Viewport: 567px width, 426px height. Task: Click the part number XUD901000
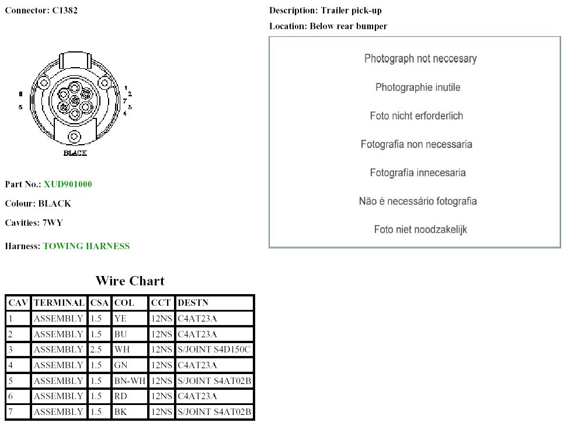coord(68,184)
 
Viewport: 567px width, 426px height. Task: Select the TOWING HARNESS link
coord(86,246)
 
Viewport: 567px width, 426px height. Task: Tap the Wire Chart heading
coord(130,281)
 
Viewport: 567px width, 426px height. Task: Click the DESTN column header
coord(193,303)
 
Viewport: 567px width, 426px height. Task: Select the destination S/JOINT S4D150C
coord(214,350)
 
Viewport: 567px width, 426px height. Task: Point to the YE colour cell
coord(120,319)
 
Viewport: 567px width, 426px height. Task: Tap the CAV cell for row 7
coord(11,412)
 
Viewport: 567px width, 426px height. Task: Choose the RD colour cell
coord(120,396)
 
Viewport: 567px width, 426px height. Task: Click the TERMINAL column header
coord(59,303)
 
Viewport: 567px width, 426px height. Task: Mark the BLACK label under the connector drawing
coord(75,153)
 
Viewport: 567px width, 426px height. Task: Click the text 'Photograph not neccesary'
coord(420,58)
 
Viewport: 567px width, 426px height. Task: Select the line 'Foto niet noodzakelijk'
coord(420,229)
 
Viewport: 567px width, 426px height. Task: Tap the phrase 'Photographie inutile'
coord(418,88)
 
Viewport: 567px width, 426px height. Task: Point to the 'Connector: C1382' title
coord(41,11)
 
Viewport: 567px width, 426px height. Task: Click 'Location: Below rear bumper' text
coord(328,26)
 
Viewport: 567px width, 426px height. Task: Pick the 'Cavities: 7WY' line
coord(34,222)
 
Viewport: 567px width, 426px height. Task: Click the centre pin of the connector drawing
coord(75,101)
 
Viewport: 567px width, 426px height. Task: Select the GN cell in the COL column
coord(121,365)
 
